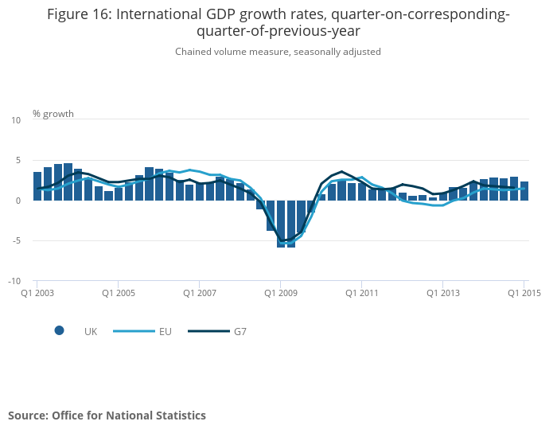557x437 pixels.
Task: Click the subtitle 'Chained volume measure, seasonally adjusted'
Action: [278, 52]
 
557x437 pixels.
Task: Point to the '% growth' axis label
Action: [53, 114]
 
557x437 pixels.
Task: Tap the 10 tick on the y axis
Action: [16, 120]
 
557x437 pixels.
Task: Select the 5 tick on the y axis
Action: [18, 160]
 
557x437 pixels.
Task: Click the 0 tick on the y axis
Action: [18, 201]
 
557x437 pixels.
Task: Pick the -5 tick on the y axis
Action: [16, 240]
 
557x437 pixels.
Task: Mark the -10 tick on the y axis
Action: [14, 281]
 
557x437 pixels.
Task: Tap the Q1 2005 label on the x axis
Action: [118, 293]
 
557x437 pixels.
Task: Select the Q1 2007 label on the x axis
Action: [200, 293]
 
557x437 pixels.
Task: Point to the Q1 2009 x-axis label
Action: [281, 293]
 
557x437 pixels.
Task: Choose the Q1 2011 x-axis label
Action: [362, 293]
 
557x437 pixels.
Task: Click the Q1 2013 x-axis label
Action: [443, 293]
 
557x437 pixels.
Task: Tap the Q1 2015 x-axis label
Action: [524, 293]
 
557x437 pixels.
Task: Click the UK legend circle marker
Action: [59, 331]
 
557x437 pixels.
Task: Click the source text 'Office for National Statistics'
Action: [129, 416]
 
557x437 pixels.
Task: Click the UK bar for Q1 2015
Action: [524, 191]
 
